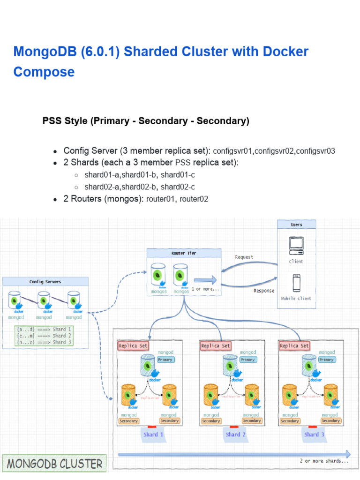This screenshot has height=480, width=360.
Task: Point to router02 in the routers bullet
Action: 194,199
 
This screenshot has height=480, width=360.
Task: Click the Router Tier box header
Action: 184,253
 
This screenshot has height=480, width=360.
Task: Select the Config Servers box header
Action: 45,282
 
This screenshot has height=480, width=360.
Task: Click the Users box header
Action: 296,225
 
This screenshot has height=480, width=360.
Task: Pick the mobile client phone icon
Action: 296,283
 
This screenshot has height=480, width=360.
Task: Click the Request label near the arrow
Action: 244,257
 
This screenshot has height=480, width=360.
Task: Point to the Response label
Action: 264,291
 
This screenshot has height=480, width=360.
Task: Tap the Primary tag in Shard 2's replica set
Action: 247,360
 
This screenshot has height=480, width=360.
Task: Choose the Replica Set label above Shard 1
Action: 133,346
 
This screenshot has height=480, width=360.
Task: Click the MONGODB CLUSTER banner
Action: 54,464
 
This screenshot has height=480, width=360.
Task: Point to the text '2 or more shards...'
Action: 324,461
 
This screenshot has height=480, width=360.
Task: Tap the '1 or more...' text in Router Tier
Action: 205,289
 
